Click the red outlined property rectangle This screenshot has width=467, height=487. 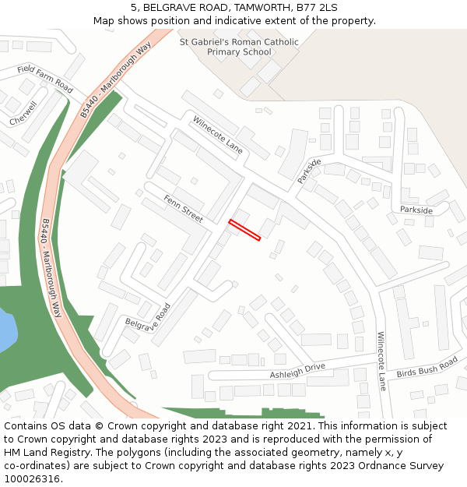244,231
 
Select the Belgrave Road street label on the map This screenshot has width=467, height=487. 148,317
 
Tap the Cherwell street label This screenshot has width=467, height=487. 23,115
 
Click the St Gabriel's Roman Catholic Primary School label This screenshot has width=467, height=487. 239,47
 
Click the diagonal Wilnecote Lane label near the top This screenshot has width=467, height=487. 218,135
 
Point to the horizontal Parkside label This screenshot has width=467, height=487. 416,210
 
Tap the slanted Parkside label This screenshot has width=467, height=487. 309,171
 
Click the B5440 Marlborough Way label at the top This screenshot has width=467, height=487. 115,81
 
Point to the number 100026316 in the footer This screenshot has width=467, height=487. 32,478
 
